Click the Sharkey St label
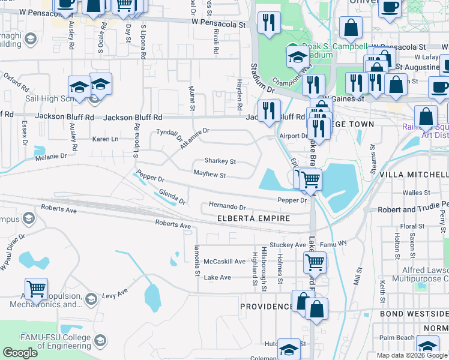[220, 161]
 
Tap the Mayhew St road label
[209, 175]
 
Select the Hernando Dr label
[228, 206]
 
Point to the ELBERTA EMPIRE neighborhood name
[253, 218]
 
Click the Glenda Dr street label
[172, 197]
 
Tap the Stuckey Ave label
[288, 245]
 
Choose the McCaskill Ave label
[224, 262]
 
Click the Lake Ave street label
[217, 277]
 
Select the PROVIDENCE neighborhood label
[267, 307]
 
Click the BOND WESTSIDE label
[414, 314]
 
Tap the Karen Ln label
[105, 139]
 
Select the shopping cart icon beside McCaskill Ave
[315, 262]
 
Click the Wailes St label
[414, 193]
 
